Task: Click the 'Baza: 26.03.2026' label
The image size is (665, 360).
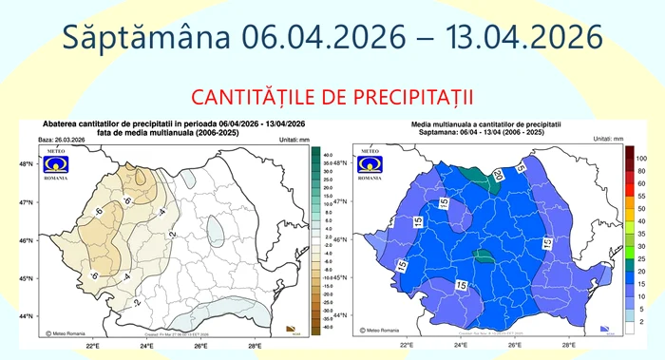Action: [x=55, y=140]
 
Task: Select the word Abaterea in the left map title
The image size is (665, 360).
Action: [x=63, y=124]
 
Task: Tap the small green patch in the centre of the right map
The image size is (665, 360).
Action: [x=484, y=256]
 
